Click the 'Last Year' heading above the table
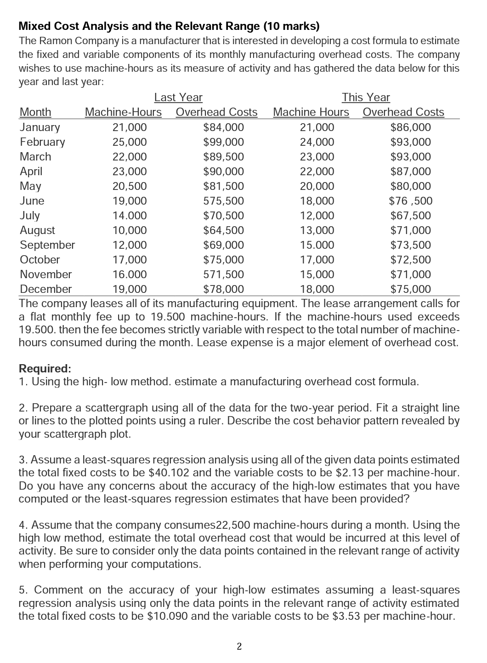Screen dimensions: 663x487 [178, 97]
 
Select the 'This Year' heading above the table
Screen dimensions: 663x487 [366, 97]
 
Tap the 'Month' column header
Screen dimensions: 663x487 [35, 112]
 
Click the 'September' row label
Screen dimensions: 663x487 [47, 245]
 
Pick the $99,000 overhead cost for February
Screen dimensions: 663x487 [224, 142]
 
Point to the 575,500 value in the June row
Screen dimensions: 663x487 [224, 201]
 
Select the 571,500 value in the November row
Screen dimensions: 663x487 [224, 274]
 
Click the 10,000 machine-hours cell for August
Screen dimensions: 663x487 [130, 230]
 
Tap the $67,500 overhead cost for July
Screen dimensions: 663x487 [411, 216]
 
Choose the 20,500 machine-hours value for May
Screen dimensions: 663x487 [130, 186]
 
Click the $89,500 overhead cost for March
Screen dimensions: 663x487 [224, 157]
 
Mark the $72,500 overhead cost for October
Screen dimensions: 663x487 [411, 260]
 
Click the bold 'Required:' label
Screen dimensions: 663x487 [45, 369]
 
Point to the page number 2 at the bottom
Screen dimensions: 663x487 [239, 646]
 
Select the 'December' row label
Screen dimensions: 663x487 [46, 289]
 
